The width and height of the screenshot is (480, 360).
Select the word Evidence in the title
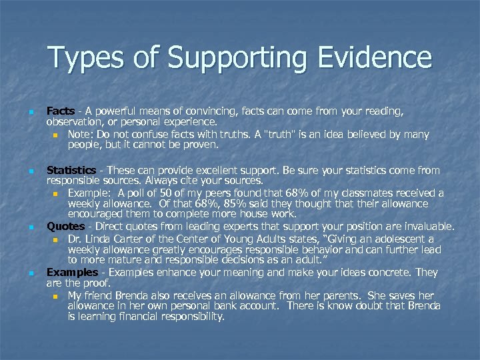(x=379, y=59)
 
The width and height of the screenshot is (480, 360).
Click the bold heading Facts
(x=60, y=111)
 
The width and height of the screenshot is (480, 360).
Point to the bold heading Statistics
(x=71, y=170)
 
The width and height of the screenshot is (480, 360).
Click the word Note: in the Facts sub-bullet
(x=81, y=134)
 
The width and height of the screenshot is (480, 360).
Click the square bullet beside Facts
(x=31, y=112)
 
